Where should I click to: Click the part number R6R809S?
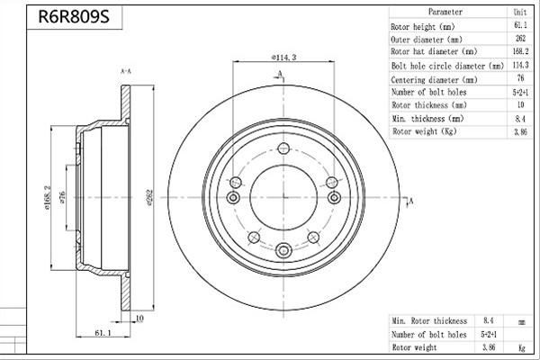point(74,16)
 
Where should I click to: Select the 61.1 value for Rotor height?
point(520,25)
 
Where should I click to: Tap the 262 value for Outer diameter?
point(520,38)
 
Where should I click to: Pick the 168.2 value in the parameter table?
point(520,51)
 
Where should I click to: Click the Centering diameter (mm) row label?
point(434,80)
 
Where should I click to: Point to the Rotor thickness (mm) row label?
point(429,105)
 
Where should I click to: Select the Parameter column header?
point(445,12)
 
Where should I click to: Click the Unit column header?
point(520,12)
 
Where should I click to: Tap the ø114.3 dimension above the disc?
point(283,58)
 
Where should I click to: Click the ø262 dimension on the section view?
point(149,197)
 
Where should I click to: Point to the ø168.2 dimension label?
point(47,197)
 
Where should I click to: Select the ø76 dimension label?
point(62,197)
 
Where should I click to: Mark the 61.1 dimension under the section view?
point(103,333)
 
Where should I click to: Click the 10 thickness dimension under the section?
point(139,319)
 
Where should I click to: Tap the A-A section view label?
point(126,72)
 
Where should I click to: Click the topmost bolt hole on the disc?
point(283,148)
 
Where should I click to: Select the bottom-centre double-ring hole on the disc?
point(283,250)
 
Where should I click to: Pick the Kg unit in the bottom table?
point(522,347)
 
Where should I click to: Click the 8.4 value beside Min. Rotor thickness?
point(489,320)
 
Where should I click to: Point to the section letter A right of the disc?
point(411,201)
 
